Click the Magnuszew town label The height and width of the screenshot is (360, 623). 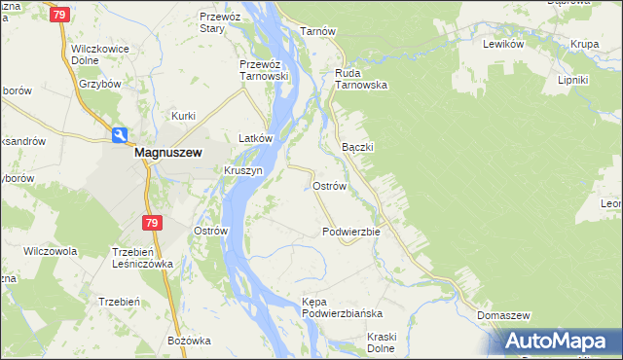click(x=167, y=153)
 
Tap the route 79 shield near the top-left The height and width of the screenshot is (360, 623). click(x=60, y=15)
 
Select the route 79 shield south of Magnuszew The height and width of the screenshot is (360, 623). click(x=150, y=223)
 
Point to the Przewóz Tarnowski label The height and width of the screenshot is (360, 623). click(x=266, y=71)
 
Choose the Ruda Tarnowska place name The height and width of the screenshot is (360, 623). click(x=361, y=78)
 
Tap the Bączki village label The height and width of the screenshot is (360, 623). click(x=358, y=146)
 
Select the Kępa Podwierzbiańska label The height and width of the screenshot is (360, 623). click(x=342, y=307)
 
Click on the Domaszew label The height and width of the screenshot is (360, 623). click(x=503, y=316)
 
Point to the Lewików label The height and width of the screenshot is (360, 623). click(x=504, y=45)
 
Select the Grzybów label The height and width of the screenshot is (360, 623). click(x=99, y=84)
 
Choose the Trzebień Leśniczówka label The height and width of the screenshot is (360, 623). click(x=141, y=257)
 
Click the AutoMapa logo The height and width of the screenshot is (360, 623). click(x=561, y=341)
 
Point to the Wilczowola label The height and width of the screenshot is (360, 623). click(x=50, y=251)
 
